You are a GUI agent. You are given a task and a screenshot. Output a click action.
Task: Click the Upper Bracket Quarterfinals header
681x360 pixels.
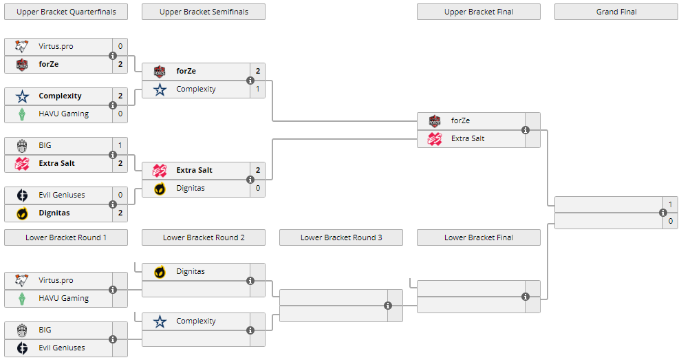[66, 12]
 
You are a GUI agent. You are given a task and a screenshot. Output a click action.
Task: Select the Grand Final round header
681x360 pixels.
[616, 12]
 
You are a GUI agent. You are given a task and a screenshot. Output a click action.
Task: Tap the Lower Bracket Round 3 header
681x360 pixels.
[341, 237]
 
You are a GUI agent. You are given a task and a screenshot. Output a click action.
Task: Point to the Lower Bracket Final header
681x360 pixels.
[479, 237]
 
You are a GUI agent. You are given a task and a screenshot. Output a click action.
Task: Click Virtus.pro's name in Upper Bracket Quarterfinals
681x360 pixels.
[56, 46]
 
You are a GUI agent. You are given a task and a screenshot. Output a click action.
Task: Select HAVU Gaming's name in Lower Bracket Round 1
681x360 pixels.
[63, 298]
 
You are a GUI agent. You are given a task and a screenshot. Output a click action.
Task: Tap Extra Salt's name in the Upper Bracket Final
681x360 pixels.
[468, 138]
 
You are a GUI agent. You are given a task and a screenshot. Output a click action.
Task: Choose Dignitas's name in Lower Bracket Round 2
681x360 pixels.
[191, 271]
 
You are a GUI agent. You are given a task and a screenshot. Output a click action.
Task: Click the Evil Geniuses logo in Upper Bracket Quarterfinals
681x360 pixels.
[22, 195]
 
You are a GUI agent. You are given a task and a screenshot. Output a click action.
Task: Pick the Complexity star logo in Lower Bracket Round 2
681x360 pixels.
[160, 321]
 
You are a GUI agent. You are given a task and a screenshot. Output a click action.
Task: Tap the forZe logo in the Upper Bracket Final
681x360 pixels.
[435, 120]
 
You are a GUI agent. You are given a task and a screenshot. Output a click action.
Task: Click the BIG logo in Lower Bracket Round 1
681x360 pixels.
[22, 330]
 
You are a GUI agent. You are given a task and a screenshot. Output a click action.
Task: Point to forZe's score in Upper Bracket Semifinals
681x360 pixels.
[258, 71]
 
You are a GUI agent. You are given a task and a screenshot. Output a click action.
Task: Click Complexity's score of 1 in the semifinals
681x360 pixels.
[258, 89]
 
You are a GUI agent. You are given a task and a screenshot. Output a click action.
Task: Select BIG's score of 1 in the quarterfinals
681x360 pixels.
[120, 145]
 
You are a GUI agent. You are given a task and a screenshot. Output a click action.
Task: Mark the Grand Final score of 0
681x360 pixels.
[671, 221]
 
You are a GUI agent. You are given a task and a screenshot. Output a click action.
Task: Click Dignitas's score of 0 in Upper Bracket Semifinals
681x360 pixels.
[258, 188]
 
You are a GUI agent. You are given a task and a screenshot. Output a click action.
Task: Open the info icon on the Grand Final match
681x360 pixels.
[663, 213]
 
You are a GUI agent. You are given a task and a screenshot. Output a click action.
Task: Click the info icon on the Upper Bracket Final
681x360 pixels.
[526, 129]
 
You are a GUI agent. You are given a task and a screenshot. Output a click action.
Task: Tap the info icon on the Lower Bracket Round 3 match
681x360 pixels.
[388, 306]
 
